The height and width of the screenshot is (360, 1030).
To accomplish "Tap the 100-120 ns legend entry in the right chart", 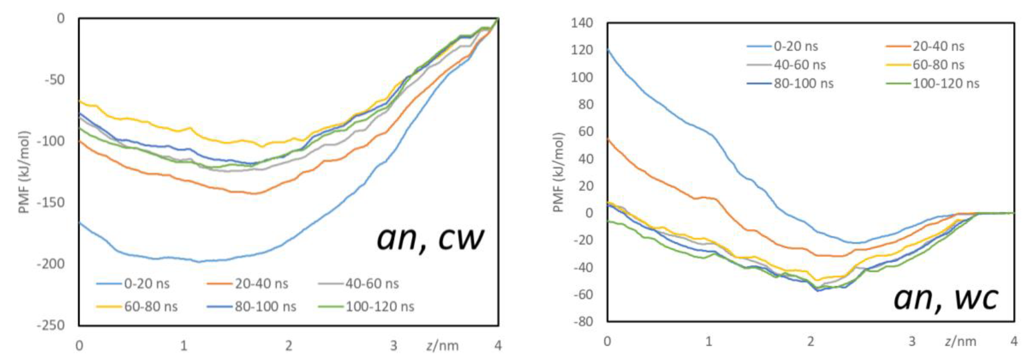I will click(x=946, y=84).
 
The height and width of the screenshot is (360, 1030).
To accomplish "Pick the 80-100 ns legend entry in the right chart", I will click(x=803, y=84).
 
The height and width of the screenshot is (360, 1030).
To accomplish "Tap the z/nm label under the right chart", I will click(x=961, y=341).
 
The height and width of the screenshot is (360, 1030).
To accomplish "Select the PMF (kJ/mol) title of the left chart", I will click(x=25, y=172).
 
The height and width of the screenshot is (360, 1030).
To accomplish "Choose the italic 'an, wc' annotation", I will click(x=946, y=298).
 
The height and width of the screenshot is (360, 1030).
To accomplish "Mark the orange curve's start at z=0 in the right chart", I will click(x=608, y=138).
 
